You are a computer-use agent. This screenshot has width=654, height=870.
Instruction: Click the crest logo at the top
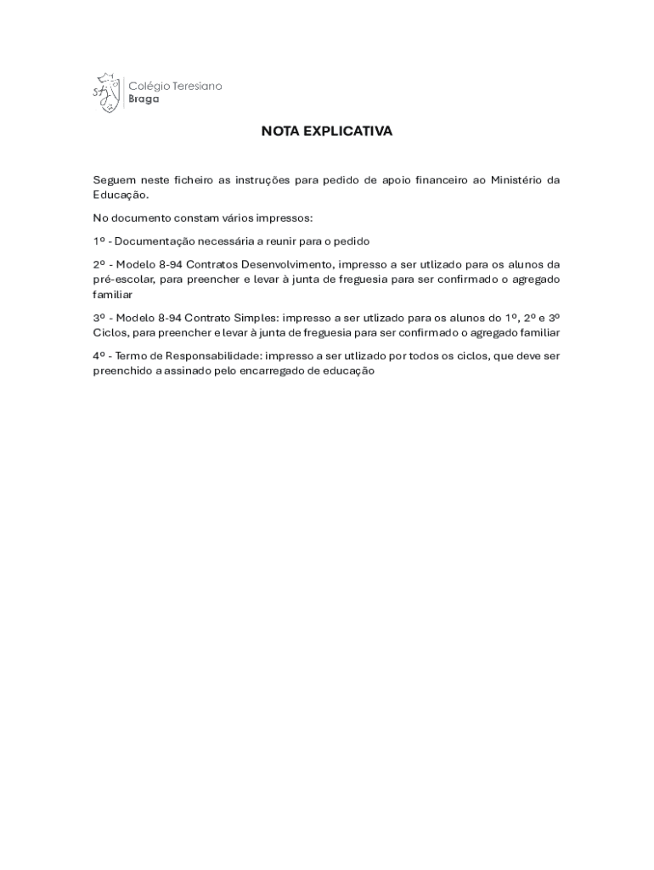tap(105, 92)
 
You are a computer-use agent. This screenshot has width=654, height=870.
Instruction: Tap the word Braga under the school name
tap(143, 99)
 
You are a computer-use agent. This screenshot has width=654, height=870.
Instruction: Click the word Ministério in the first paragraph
tap(515, 180)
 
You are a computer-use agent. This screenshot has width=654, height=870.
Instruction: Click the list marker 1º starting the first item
tap(99, 241)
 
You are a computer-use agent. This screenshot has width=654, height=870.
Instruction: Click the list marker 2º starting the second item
tap(99, 264)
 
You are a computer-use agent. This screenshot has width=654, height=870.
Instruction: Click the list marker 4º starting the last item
tap(99, 356)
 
